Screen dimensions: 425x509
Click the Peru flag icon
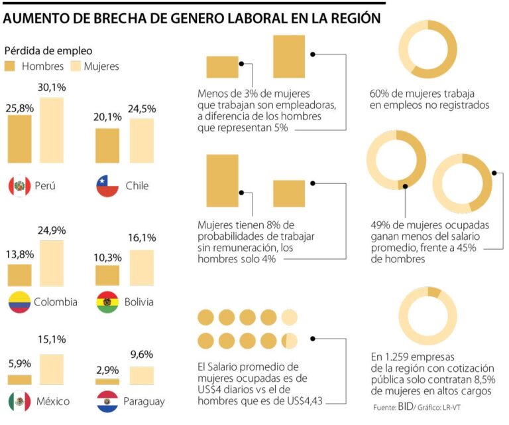coord(20,186)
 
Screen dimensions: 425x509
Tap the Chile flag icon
coord(107,186)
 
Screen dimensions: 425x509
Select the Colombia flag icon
coord(20,302)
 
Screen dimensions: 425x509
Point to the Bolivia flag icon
coord(107,302)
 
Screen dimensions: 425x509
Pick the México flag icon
coord(20,401)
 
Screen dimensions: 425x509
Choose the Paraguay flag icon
coord(107,401)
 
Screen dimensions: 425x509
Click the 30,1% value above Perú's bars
coord(52,88)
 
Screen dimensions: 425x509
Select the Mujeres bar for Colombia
coord(52,263)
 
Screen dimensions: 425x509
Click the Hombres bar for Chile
coord(107,145)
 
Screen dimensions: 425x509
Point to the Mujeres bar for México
coord(52,369)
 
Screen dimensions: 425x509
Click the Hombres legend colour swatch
coord(10,66)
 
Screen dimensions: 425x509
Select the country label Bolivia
coord(139,302)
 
